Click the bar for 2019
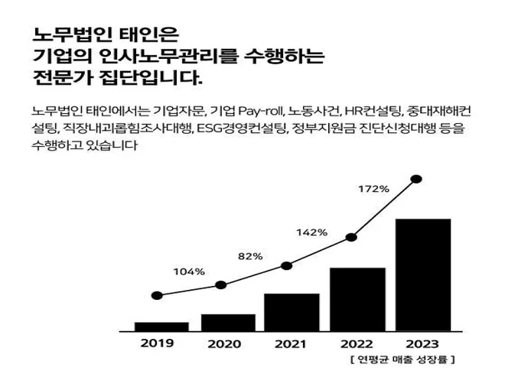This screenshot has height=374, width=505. tap(161, 326)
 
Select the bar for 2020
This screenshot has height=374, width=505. tap(228, 322)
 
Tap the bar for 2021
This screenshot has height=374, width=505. tap(292, 312)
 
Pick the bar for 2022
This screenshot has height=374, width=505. tap(357, 299)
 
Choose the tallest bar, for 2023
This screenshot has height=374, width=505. tap(422, 275)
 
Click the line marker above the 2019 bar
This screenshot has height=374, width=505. tap(157, 295)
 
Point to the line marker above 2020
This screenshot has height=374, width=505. tap(221, 285)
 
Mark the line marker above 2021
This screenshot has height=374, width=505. tap(286, 265)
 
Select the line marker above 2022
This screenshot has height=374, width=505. tap(352, 237)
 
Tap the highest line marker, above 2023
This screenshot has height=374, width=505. tap(416, 179)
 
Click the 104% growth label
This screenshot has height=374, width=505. tap(189, 272)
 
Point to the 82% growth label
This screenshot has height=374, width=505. tap(250, 255)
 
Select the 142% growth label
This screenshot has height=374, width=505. tap(311, 232)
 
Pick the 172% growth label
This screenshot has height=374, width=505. tap(373, 188)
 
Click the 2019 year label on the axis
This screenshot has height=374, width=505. tap(157, 343)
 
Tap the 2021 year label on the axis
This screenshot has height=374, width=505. tap(291, 343)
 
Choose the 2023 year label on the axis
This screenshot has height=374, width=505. tap(422, 343)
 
